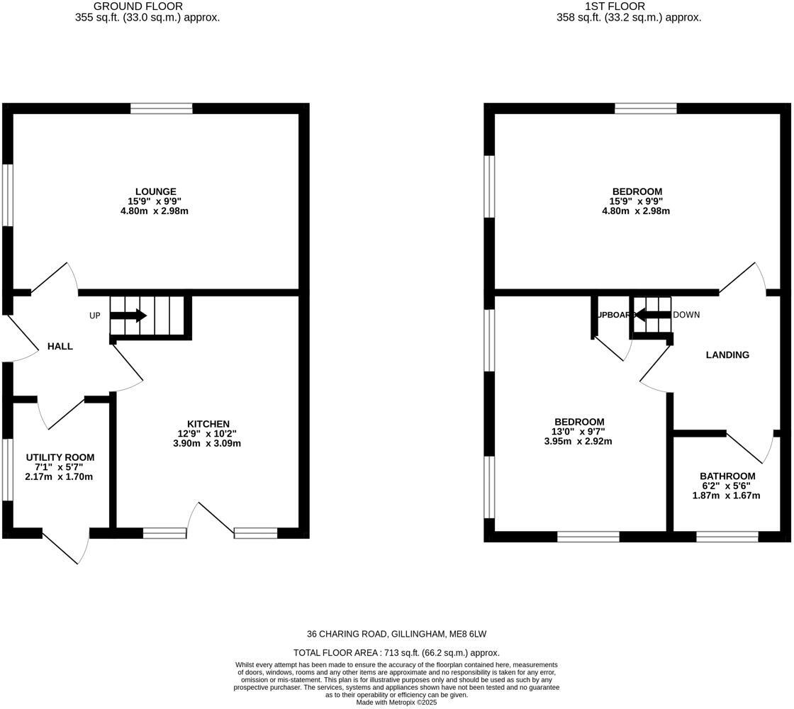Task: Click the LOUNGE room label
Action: [156, 191]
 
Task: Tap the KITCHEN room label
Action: [208, 424]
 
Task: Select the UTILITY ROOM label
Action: [60, 457]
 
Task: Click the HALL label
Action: [60, 346]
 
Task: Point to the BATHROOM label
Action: [727, 476]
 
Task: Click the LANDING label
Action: [727, 354]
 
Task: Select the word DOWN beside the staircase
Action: [686, 315]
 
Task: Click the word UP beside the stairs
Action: [95, 316]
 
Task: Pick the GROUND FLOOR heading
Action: [147, 6]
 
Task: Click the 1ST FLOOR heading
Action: [615, 6]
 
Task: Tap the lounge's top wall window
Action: [161, 108]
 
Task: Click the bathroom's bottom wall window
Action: [727, 537]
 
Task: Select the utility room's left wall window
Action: [7, 469]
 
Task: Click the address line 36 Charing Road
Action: [396, 634]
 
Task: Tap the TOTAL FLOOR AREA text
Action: [396, 652]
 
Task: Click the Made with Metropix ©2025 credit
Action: [396, 702]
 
